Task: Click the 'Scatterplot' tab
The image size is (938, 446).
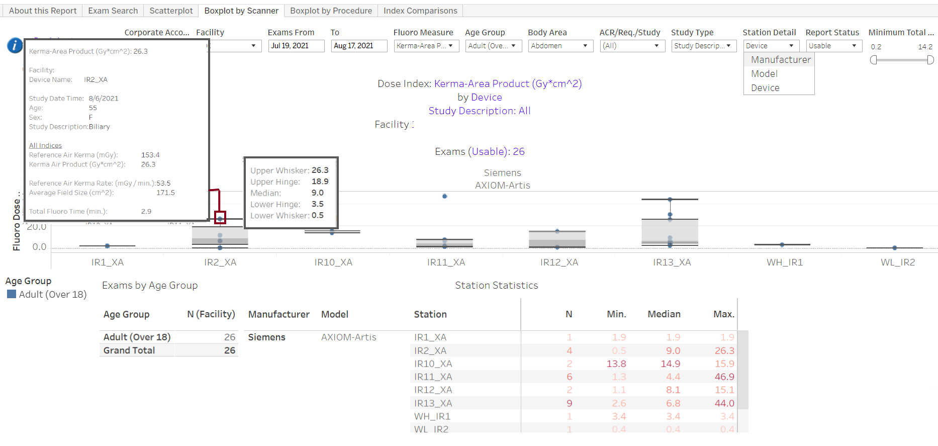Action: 171,11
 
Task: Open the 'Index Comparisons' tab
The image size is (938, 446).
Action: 420,11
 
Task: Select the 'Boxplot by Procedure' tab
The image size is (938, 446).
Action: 331,11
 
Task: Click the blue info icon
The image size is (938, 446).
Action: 15,45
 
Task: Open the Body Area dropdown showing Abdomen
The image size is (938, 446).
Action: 560,46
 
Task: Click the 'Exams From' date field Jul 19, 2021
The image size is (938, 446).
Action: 296,46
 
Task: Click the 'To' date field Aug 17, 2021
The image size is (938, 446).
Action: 358,46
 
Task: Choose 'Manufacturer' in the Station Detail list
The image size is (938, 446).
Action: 780,60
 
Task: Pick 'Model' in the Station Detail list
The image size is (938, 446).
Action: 764,74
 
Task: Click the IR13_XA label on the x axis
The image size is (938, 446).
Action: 672,262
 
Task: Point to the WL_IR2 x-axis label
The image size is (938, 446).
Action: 897,262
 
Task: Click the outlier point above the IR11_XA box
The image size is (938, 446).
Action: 445,196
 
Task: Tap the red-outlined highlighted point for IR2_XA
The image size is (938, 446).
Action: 220,218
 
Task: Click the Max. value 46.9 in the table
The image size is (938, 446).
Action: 724,377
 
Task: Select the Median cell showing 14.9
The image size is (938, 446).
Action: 670,364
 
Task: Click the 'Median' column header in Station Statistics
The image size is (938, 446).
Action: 664,314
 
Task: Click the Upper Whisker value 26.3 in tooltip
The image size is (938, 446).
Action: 320,170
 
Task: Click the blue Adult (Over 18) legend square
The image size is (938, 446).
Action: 12,294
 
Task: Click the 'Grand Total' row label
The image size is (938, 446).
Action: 129,350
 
